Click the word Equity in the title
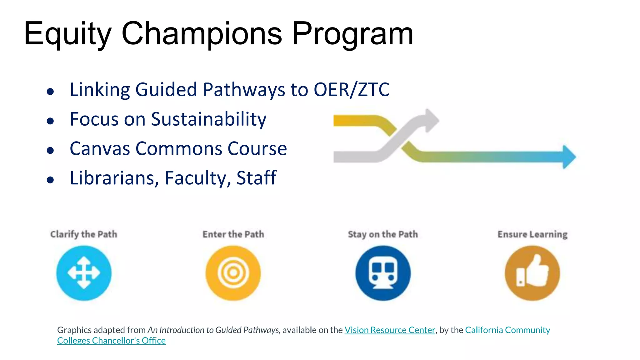pos(67,34)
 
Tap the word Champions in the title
pos(202,34)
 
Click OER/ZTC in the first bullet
pos(352,90)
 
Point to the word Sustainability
pos(209,119)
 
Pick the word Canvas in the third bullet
pos(100,148)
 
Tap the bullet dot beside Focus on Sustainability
pos(50,121)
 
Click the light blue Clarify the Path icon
pos(84,273)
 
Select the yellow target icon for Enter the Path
pos(233,273)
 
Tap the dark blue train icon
pos(383,273)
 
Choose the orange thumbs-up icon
pos(532,273)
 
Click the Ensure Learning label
pos(532,234)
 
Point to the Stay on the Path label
pos(383,234)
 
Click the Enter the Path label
pos(233,234)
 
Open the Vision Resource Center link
pos(390,330)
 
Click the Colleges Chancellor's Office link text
pos(111,341)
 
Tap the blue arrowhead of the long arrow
pos(569,157)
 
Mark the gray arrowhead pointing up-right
pos(431,120)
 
